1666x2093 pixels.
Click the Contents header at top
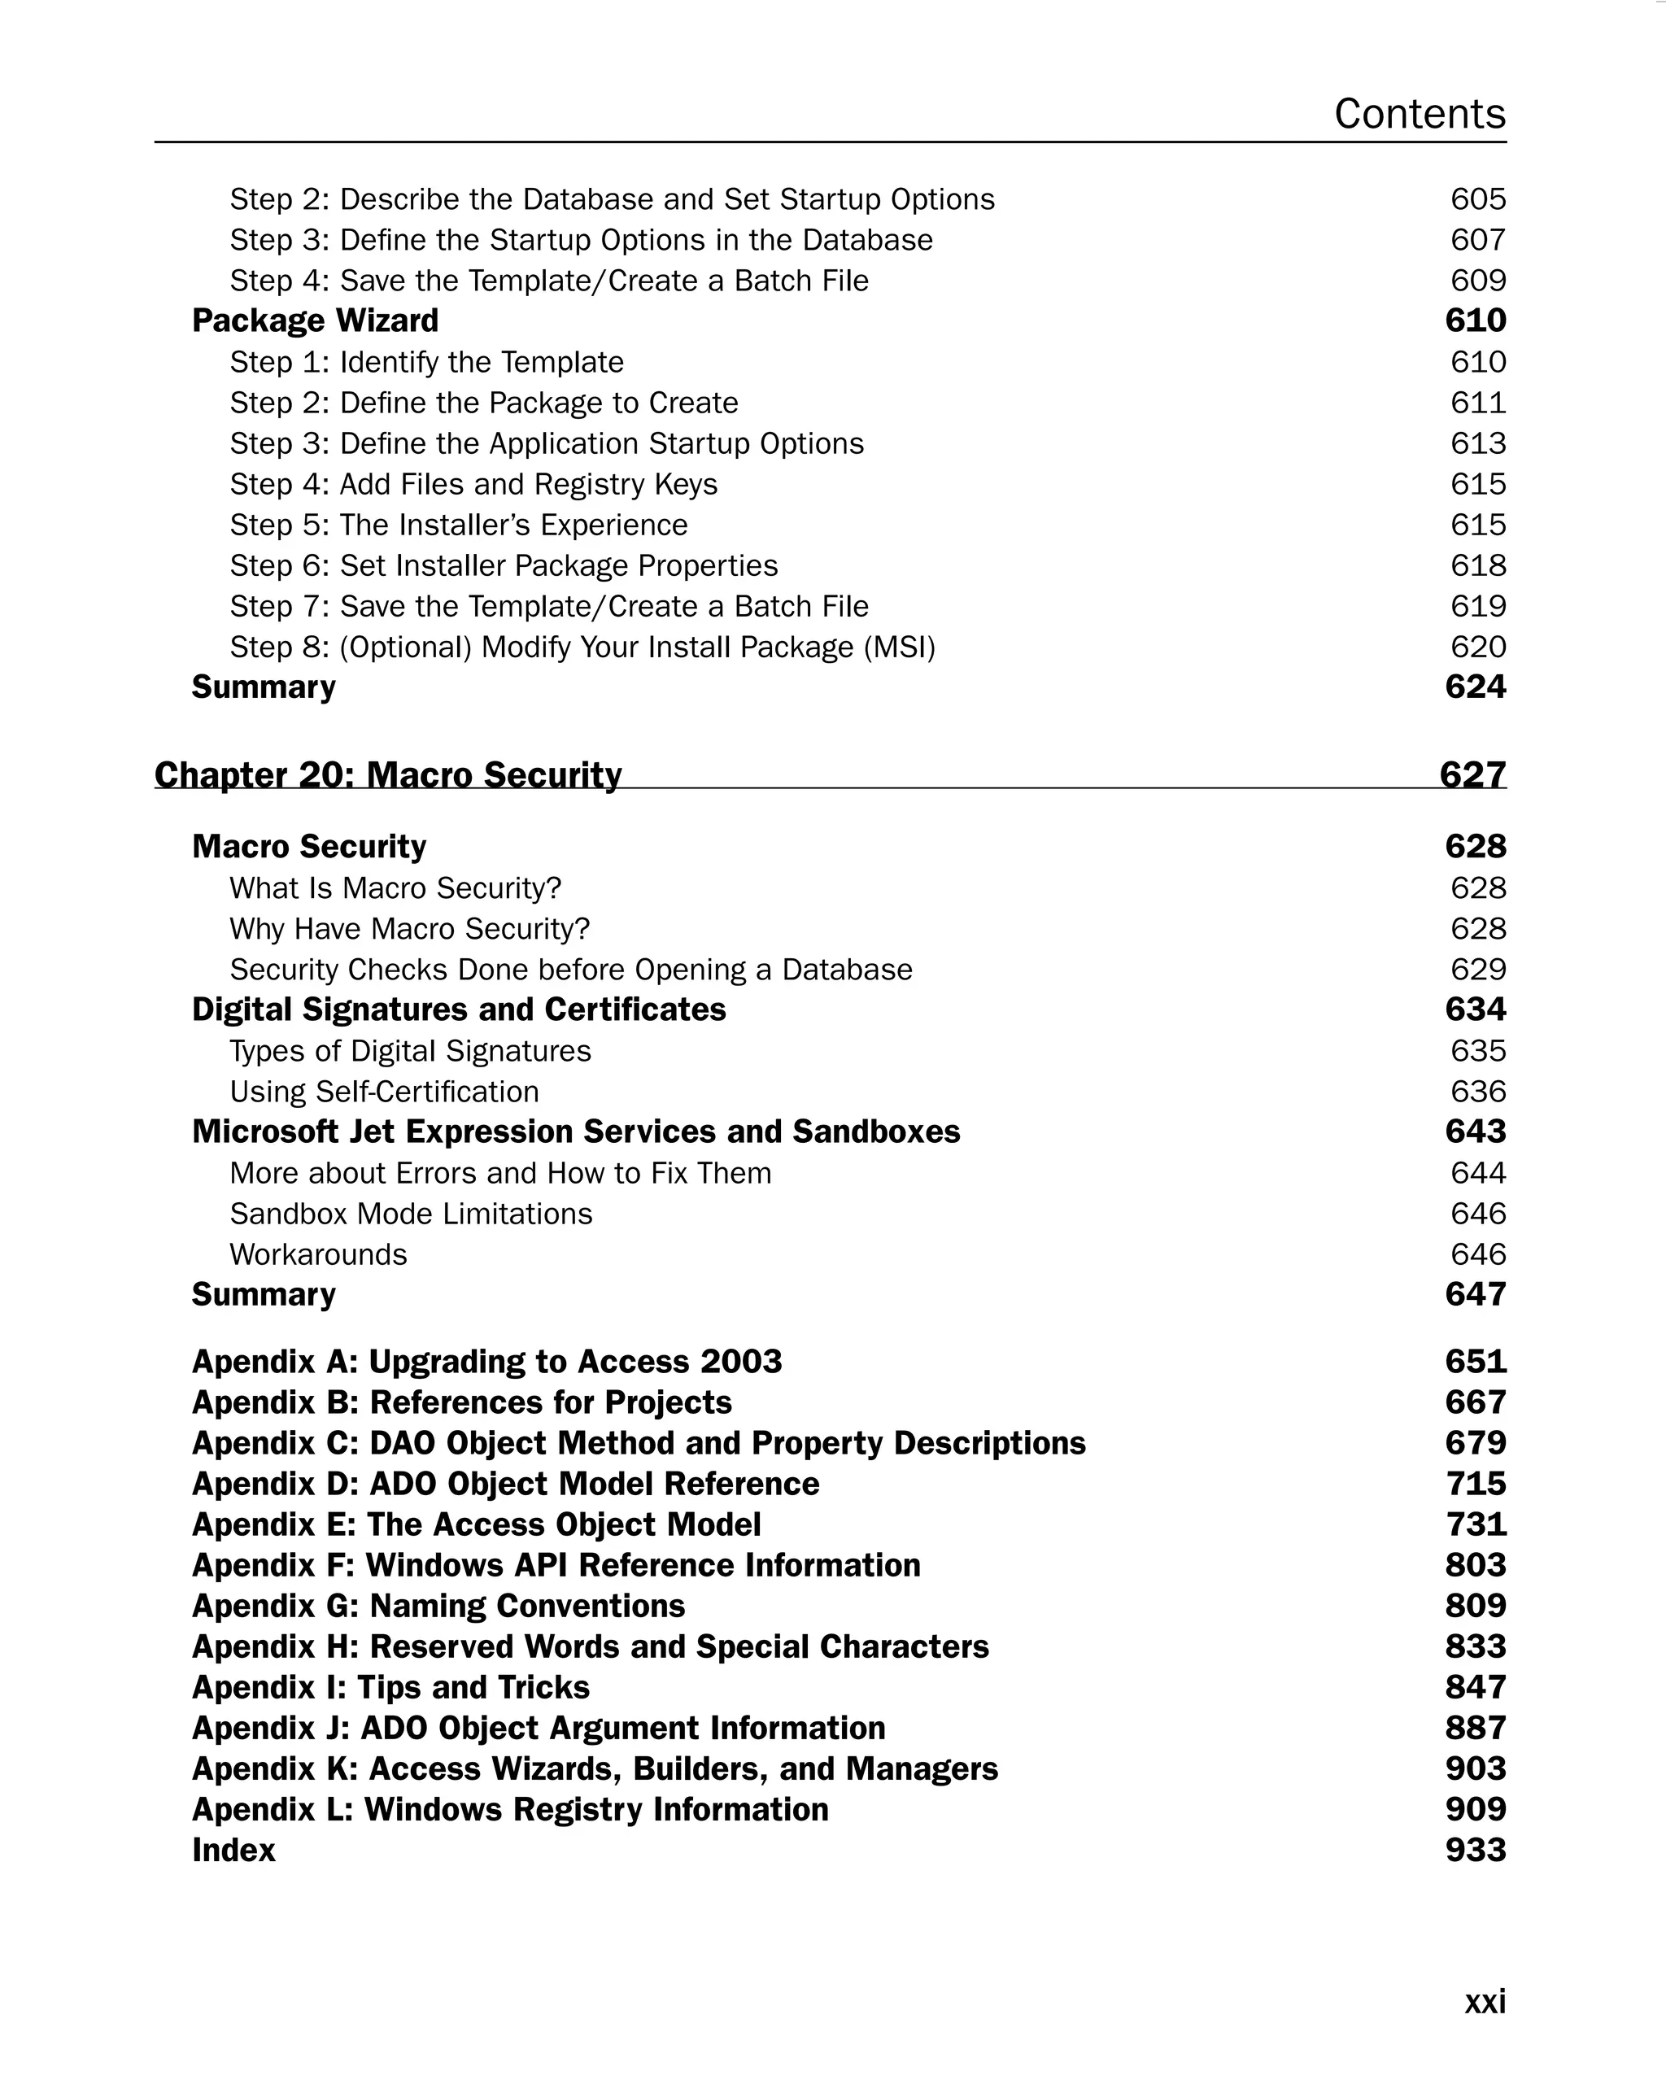click(x=1419, y=114)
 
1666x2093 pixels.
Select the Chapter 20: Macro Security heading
click(x=387, y=774)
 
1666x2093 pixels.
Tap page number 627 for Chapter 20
click(x=1472, y=774)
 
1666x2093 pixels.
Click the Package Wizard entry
click(x=315, y=320)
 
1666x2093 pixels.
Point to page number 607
click(x=1476, y=240)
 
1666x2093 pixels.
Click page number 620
click(x=1476, y=647)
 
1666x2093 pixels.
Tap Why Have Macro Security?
click(x=408, y=929)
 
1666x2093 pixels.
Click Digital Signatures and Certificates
click(x=458, y=1009)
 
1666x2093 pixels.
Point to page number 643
click(x=1475, y=1132)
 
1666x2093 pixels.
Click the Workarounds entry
click(x=317, y=1254)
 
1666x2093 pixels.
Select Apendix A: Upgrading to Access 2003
click(x=486, y=1362)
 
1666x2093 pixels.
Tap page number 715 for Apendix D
click(x=1475, y=1485)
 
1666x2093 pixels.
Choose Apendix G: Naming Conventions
click(x=438, y=1607)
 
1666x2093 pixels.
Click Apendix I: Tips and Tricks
click(x=390, y=1688)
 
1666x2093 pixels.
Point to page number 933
click(x=1475, y=1851)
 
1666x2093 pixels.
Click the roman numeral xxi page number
click(x=1484, y=2001)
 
